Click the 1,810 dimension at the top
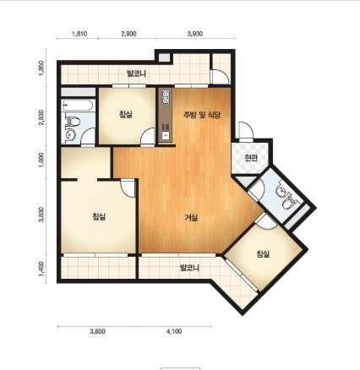point(79,34)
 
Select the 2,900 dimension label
point(128,34)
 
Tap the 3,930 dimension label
point(195,34)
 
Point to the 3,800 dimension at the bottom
point(97,331)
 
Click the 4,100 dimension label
point(174,331)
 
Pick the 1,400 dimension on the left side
point(41,269)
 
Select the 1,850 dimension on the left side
point(41,68)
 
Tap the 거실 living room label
point(191,218)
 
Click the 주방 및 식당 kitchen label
point(202,115)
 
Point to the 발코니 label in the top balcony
point(136,74)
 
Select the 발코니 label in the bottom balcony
point(189,268)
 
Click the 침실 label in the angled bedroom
point(263,254)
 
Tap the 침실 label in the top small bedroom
point(126,114)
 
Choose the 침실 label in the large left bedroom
point(99,216)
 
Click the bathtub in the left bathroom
point(78,106)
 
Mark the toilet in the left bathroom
point(73,122)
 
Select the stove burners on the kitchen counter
point(166,96)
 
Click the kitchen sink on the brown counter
point(166,136)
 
